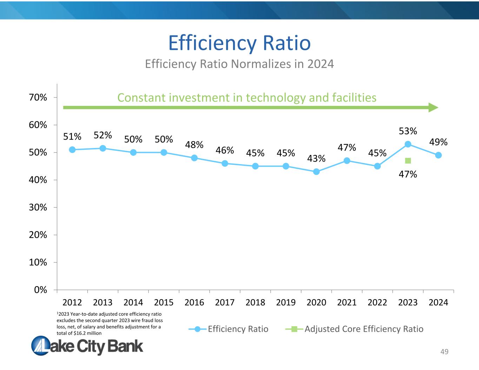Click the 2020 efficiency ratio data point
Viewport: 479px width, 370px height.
[x=316, y=171]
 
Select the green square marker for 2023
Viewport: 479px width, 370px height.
[x=408, y=161]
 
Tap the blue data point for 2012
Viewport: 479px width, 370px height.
[x=72, y=150]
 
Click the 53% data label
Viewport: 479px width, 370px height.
[x=408, y=131]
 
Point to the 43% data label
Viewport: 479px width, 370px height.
[x=316, y=159]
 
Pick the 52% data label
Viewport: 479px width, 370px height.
[x=103, y=135]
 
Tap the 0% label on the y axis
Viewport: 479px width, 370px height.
[x=41, y=290]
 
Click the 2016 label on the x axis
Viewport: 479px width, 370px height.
[x=194, y=302]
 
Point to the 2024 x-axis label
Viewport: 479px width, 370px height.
[x=438, y=302]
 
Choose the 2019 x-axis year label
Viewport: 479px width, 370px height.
[x=286, y=302]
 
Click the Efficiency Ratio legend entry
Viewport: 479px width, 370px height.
[x=238, y=329]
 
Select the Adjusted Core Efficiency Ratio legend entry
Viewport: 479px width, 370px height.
[x=364, y=329]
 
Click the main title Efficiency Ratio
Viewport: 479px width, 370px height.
[x=239, y=43]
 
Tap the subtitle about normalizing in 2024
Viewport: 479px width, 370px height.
[x=239, y=64]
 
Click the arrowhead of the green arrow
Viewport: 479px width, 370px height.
[x=434, y=107]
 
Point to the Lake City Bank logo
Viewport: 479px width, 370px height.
[x=87, y=345]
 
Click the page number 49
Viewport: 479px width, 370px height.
[x=444, y=352]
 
